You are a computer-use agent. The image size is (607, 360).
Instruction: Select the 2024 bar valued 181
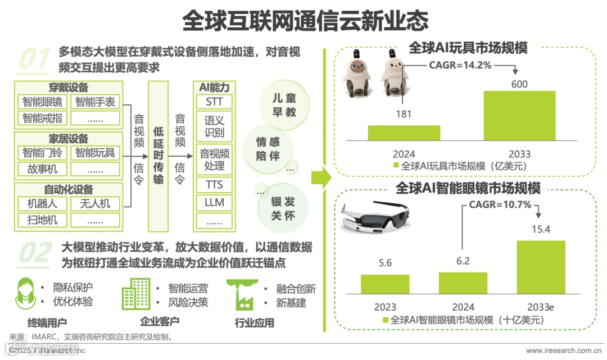[404, 133]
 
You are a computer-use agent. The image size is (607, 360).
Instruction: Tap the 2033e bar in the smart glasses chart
[541, 267]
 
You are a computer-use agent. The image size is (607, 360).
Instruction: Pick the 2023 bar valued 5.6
[385, 284]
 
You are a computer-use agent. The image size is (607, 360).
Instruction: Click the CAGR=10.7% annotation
[500, 204]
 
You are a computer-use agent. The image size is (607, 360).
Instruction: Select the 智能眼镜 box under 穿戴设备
[43, 102]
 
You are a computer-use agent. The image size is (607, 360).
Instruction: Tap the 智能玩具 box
[95, 152]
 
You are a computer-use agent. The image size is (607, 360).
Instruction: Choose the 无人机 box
[95, 203]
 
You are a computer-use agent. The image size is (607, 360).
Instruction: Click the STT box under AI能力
[214, 102]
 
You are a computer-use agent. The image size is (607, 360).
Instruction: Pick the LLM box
[214, 202]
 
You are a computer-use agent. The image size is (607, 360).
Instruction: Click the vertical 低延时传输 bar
[158, 156]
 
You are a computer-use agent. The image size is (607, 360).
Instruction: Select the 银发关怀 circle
[283, 208]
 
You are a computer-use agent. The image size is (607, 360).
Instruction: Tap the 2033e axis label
[541, 307]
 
